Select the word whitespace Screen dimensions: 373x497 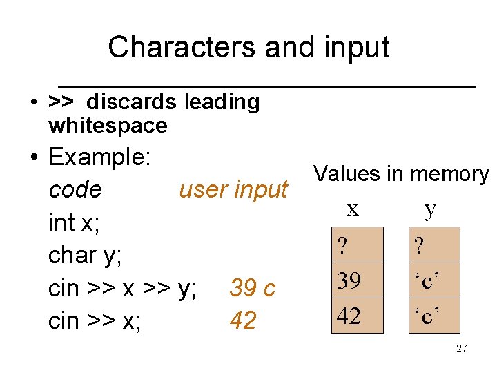108,126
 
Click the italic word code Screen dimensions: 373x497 75,189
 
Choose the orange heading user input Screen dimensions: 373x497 233,189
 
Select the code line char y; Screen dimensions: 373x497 85,255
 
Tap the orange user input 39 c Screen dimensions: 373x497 252,288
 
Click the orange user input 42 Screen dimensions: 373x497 242,321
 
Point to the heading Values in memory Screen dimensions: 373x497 400,174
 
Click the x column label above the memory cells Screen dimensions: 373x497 353,209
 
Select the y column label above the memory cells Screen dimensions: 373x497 431,209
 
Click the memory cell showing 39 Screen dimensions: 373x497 357,281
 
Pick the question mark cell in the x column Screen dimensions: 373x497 357,245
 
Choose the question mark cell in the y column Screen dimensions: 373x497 433,245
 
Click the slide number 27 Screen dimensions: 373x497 461,348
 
